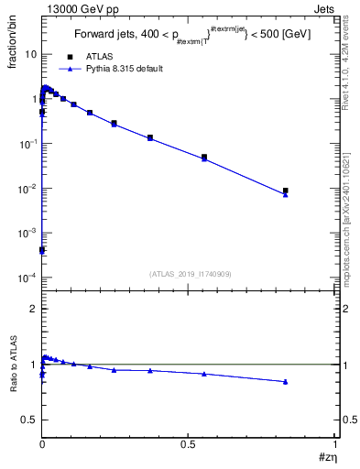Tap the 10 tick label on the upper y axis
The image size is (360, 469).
point(29,54)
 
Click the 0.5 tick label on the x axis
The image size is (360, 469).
point(188,444)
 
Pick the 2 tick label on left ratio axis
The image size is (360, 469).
point(33,309)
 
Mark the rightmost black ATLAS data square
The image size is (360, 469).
point(286,191)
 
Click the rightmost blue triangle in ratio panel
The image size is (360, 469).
point(286,381)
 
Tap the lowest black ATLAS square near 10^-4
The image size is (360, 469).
point(42,249)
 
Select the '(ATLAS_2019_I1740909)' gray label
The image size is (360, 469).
point(189,273)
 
